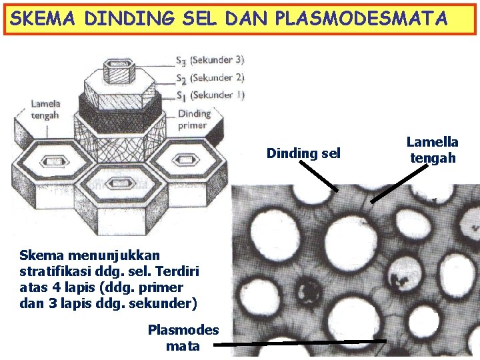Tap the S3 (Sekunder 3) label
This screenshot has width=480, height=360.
(209, 60)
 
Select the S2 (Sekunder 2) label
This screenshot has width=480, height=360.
(209, 77)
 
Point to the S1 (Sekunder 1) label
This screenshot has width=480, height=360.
(209, 95)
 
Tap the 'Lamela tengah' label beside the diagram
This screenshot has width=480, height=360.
(45, 109)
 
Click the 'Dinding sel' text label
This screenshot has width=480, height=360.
(303, 153)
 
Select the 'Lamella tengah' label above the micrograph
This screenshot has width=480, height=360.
(433, 150)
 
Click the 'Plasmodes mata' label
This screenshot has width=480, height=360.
(183, 338)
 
